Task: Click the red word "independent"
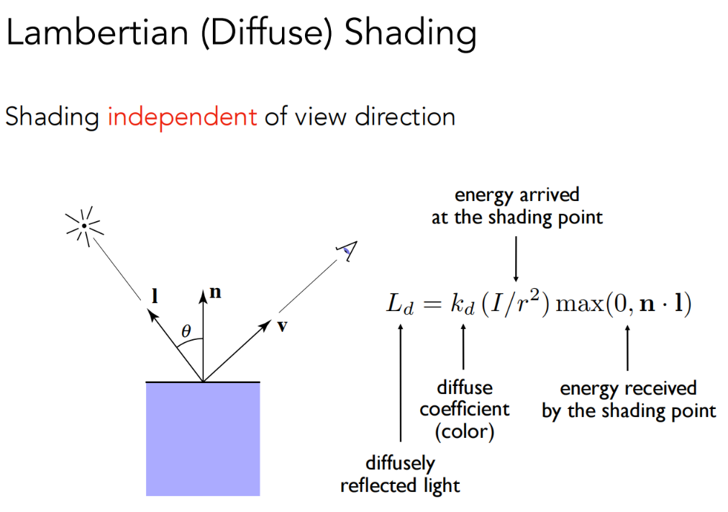click(182, 116)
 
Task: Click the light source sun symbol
click(85, 226)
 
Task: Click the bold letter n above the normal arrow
click(214, 293)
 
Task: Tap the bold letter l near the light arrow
click(155, 295)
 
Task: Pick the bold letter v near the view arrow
click(282, 326)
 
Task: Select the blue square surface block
click(203, 438)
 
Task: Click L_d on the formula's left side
click(399, 305)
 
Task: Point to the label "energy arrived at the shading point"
click(517, 206)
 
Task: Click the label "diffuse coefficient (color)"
click(465, 409)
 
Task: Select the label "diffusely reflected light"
click(400, 474)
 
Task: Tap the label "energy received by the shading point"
click(628, 400)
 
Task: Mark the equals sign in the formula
click(431, 305)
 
